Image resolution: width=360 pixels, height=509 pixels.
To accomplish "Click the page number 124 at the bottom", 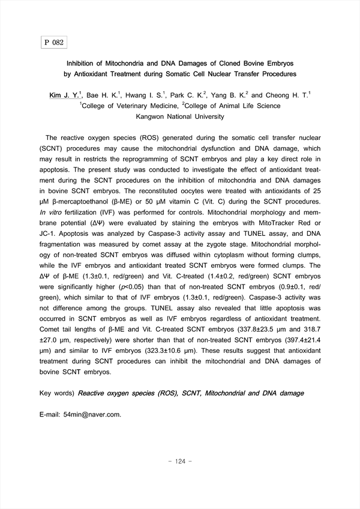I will (180, 462).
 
